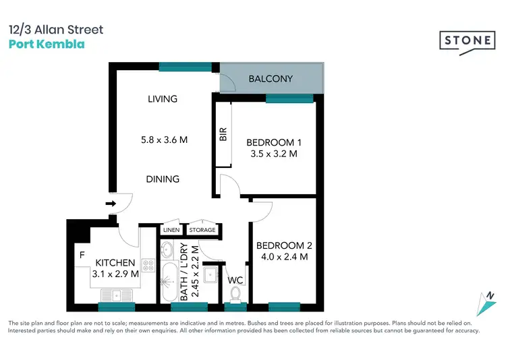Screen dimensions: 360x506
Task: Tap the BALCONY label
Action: tap(271, 79)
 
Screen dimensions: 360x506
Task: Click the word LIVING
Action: tap(163, 99)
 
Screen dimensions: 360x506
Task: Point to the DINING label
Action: tap(163, 179)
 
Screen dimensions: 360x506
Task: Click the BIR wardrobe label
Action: tap(223, 135)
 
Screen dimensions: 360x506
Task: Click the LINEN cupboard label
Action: tap(171, 230)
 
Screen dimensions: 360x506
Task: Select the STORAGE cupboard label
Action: tap(202, 230)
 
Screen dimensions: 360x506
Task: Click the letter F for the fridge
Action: tap(82, 256)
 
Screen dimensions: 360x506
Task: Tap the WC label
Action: tap(235, 279)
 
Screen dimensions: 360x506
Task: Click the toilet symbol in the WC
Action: tap(235, 295)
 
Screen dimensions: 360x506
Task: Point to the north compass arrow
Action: tap(486, 301)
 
